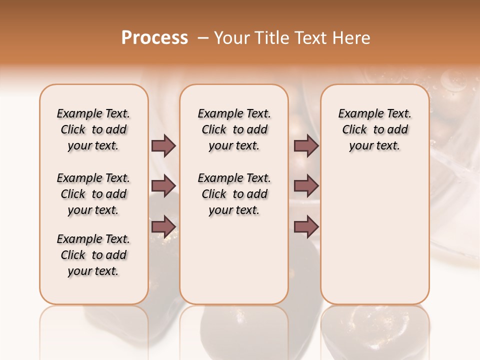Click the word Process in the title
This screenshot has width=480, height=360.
(x=154, y=38)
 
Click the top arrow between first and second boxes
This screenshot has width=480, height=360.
(x=163, y=146)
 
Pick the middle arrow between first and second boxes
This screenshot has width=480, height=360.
(x=163, y=186)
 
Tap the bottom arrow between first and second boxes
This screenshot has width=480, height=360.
(x=163, y=226)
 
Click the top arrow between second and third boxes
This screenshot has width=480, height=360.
(x=306, y=146)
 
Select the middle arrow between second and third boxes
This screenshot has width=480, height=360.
(x=306, y=186)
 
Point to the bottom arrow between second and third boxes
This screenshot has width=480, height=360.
(x=306, y=226)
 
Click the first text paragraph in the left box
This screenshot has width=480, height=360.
(x=93, y=129)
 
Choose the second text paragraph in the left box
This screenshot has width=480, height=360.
(x=93, y=194)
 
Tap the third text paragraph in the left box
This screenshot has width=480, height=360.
(x=93, y=255)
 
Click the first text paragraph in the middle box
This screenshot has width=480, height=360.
(x=234, y=129)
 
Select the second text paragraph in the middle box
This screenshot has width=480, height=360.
(x=234, y=194)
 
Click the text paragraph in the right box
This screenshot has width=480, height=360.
(x=375, y=129)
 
